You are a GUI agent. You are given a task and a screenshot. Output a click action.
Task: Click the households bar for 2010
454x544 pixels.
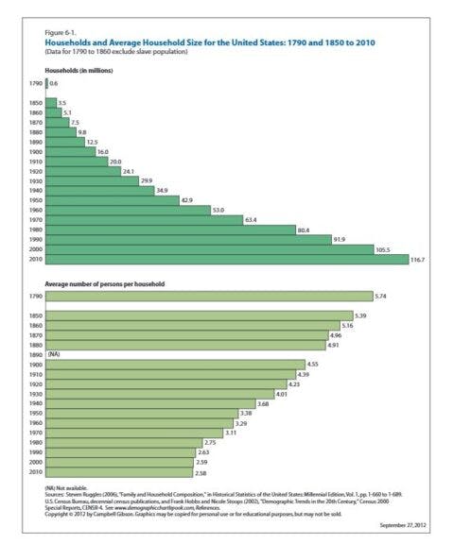pos(227,259)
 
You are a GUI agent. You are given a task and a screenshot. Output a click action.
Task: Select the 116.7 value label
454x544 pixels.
pos(420,259)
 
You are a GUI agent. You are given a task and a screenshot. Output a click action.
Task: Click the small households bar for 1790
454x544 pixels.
pos(46,84)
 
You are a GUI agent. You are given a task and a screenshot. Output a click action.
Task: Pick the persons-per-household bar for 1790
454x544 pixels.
pos(208,296)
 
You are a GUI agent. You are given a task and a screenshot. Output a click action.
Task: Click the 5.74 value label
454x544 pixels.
pos(380,296)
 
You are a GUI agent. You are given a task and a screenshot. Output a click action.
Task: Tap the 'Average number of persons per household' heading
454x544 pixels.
pos(105,282)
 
